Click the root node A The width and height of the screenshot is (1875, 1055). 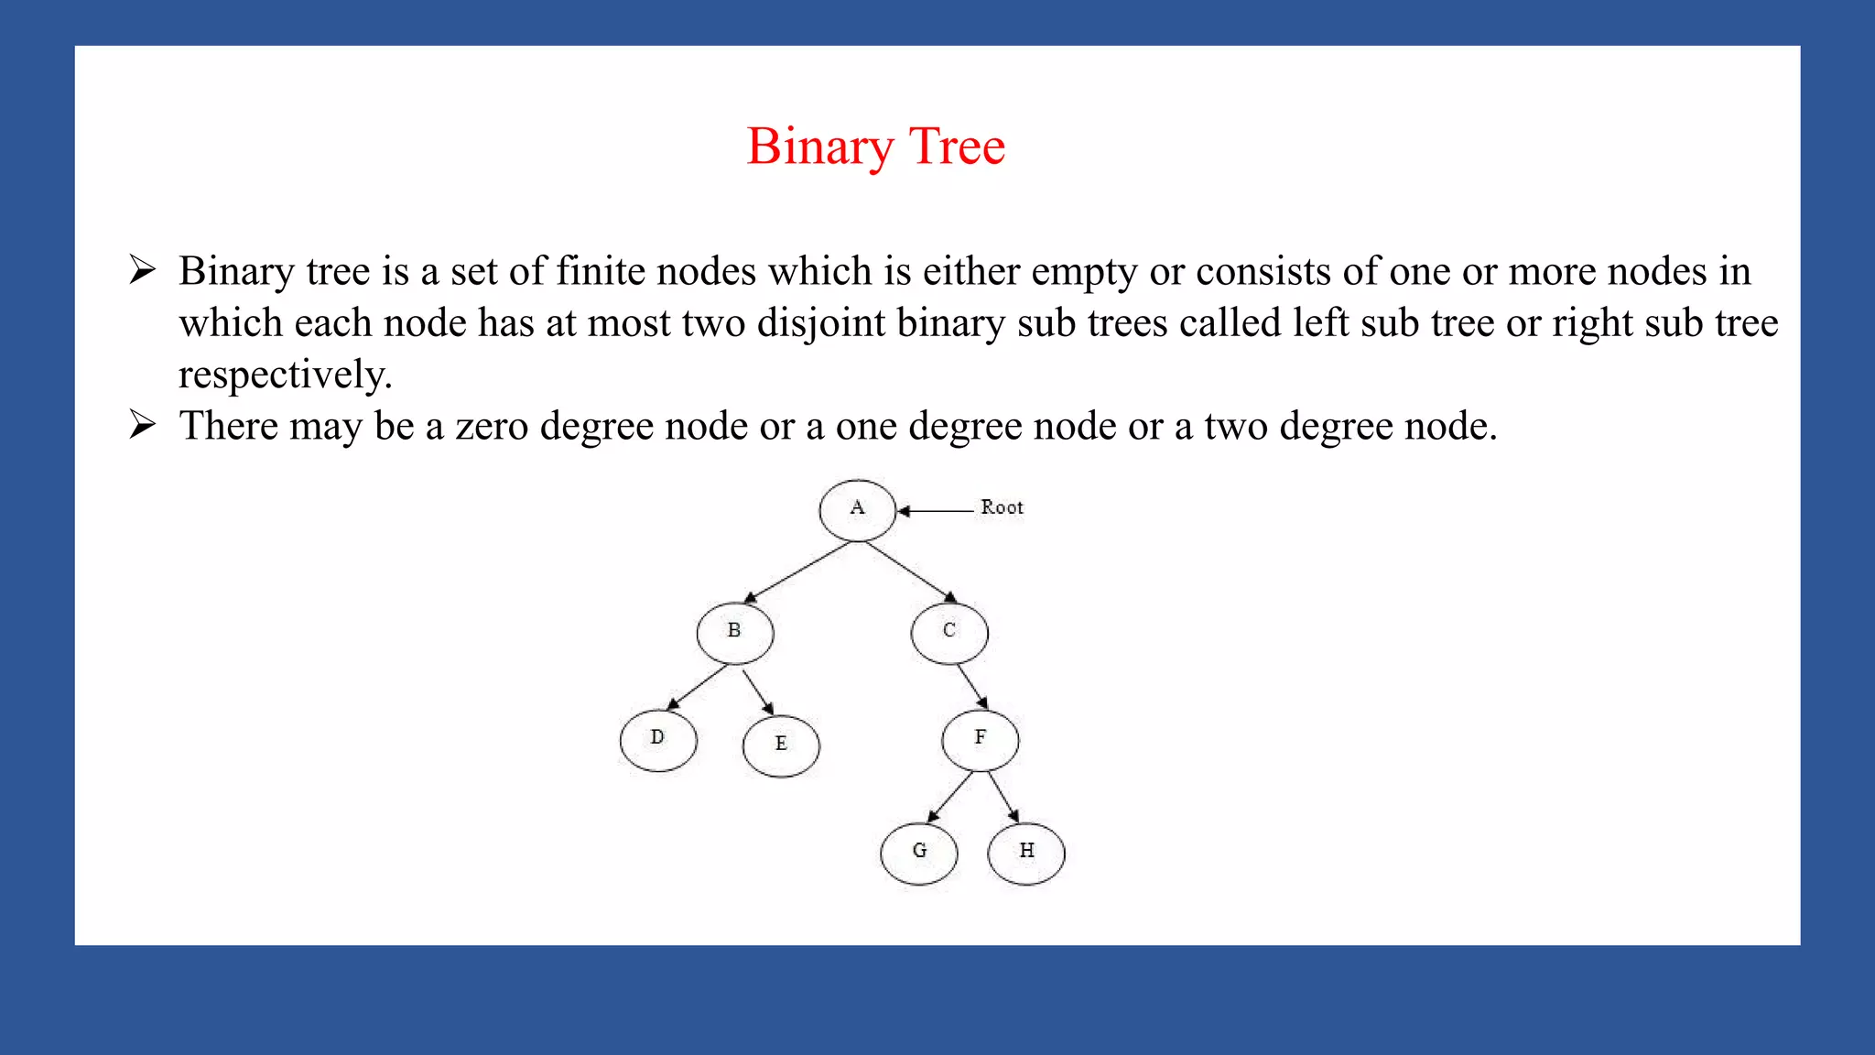tap(857, 510)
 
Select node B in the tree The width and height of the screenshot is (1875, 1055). tap(734, 633)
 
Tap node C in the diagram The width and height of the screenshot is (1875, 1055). tap(949, 633)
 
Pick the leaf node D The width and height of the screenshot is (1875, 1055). tap(657, 740)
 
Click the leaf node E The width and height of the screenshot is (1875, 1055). tap(781, 745)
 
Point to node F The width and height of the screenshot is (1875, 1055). tap(980, 740)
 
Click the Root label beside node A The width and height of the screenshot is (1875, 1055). tap(1002, 507)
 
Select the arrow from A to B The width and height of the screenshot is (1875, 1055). tap(797, 573)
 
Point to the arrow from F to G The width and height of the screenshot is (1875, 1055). tap(950, 797)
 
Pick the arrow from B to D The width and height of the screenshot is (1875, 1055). tap(697, 688)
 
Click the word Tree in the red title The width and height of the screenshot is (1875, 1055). tap(957, 147)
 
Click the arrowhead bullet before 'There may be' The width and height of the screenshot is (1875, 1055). tap(143, 425)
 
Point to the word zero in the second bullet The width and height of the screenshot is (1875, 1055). tap(492, 427)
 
